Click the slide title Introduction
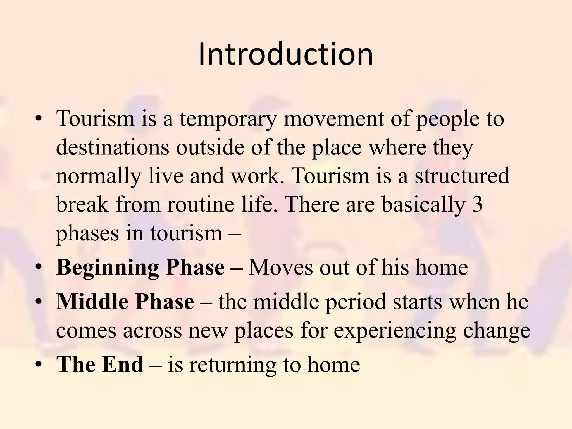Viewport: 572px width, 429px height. (x=285, y=54)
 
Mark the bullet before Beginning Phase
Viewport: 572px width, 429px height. (x=39, y=267)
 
